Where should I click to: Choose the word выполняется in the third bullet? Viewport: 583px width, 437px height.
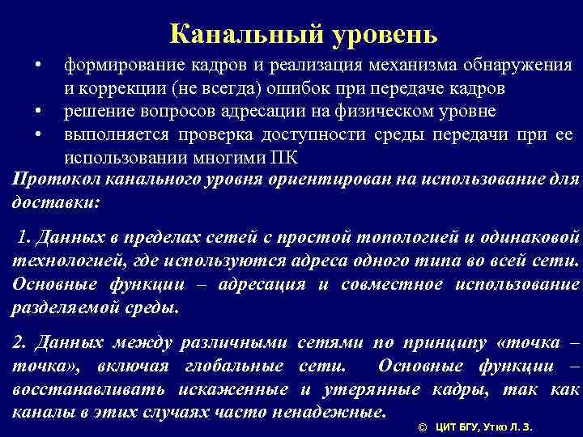pos(115,133)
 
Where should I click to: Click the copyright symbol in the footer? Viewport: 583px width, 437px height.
pos(421,426)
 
